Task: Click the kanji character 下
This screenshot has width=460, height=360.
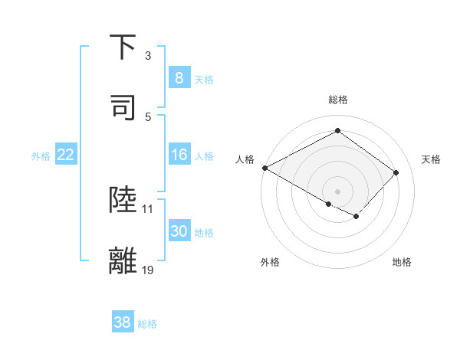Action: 123,47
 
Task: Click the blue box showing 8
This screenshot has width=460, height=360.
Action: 179,78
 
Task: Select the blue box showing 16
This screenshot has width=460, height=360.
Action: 179,155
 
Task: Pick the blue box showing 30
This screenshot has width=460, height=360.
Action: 179,231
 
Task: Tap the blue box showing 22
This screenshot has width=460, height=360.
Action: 66,155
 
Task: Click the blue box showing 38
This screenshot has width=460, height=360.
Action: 122,322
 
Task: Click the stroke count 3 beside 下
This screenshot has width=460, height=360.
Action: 148,56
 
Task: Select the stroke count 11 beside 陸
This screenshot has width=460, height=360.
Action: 148,208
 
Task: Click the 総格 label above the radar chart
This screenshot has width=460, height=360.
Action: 338,100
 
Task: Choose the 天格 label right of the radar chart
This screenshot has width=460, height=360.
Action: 432,159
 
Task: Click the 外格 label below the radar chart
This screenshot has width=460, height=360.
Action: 270,262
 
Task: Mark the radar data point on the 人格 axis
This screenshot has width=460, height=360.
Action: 264,168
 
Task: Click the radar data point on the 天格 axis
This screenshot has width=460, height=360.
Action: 396,172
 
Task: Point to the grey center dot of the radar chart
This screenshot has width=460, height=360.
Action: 338,191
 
